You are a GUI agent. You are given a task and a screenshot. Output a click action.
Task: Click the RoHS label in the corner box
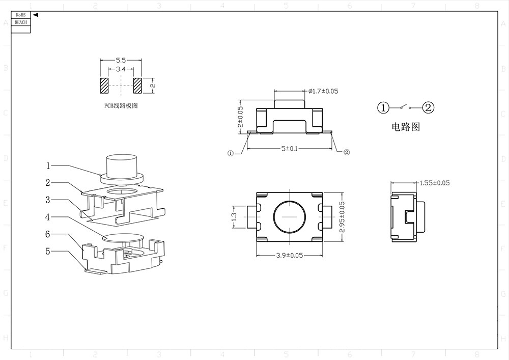(20, 16)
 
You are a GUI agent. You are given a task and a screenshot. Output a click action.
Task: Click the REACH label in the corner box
(20, 22)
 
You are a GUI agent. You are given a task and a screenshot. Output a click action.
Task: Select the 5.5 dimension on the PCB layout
(121, 61)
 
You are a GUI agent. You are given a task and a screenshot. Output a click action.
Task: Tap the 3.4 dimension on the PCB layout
(121, 69)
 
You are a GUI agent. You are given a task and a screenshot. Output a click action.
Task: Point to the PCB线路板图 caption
(121, 106)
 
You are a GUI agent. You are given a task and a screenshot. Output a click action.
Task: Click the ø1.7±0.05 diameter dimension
(323, 92)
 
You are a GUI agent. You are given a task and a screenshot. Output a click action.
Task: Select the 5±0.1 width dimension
(290, 149)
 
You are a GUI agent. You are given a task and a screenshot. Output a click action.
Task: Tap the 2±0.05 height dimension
(241, 117)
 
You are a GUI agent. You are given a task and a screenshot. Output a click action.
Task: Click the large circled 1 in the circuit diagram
(383, 107)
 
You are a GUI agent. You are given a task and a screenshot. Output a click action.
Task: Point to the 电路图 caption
(405, 127)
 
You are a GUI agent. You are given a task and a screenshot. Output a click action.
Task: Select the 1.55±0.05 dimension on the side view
(434, 183)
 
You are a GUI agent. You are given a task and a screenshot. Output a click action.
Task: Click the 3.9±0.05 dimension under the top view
(289, 256)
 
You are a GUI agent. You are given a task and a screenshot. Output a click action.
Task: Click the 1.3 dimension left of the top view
(234, 216)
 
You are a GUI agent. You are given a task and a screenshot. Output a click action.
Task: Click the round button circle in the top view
(289, 216)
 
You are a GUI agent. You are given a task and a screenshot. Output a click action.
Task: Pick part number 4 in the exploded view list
(47, 217)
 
